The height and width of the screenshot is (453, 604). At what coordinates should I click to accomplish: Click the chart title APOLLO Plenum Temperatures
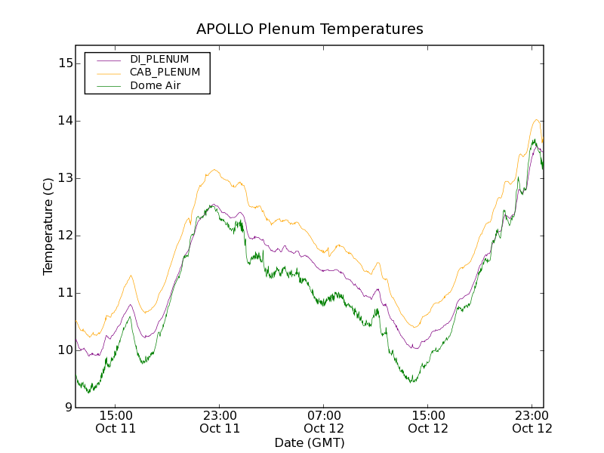point(310,29)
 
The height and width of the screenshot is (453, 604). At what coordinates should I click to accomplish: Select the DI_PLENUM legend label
point(159,59)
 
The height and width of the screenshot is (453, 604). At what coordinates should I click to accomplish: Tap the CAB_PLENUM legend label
point(165,72)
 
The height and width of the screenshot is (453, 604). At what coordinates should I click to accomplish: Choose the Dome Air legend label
point(156,86)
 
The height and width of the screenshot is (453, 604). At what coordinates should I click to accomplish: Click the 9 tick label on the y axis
point(68,408)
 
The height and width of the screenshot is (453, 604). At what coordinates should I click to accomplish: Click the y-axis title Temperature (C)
point(48,226)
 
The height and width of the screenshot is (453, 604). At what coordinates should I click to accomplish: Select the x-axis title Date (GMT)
point(310,442)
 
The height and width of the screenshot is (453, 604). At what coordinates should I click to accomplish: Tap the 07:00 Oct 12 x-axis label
point(324,421)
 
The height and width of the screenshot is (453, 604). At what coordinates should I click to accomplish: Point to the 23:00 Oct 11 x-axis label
point(220,421)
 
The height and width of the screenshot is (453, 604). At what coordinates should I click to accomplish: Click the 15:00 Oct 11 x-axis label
point(116,421)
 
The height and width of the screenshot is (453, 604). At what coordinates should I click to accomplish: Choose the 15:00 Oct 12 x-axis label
point(428,421)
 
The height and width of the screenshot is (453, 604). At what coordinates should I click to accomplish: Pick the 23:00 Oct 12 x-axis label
point(532,421)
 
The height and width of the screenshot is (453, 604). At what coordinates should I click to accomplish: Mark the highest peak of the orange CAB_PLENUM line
point(536,119)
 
